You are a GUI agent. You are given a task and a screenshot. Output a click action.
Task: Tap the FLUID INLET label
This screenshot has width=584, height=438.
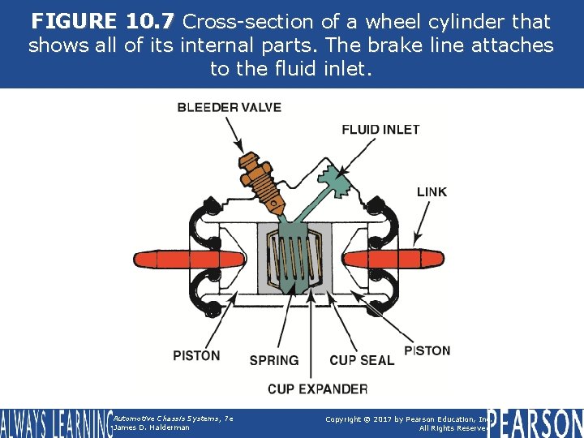tap(380, 129)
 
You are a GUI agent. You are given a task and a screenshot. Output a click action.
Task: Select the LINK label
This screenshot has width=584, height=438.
tap(432, 192)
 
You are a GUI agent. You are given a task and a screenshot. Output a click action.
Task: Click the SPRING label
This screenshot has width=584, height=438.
tap(274, 360)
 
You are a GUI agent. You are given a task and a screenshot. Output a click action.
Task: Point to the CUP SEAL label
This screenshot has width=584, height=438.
tap(362, 360)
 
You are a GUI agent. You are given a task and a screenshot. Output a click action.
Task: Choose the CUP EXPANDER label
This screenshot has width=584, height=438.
tap(317, 389)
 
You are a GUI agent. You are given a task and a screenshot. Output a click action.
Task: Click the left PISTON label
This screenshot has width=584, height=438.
tap(196, 355)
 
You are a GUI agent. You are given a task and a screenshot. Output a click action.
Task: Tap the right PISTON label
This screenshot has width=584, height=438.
tap(427, 351)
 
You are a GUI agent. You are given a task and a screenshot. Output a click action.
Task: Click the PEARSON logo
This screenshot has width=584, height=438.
tap(535, 422)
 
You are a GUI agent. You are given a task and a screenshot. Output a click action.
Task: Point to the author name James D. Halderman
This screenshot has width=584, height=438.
tap(152, 427)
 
